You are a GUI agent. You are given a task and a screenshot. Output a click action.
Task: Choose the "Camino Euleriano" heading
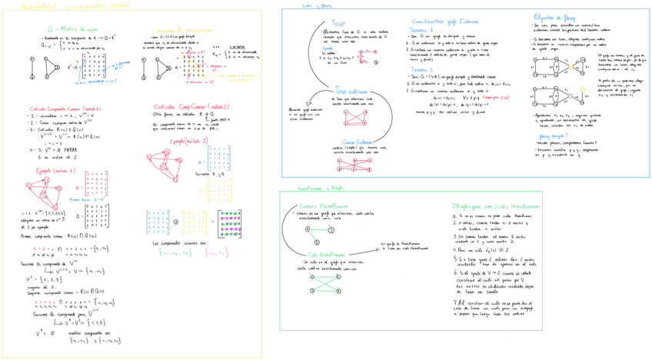[354, 142]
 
